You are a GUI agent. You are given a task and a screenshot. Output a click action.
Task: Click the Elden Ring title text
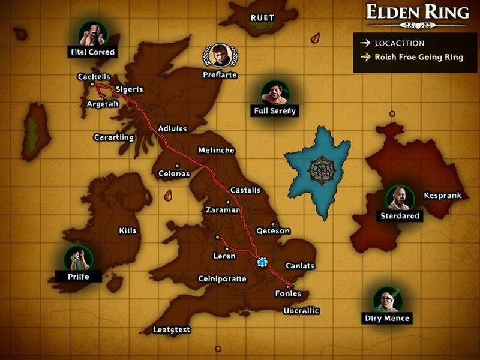(417, 12)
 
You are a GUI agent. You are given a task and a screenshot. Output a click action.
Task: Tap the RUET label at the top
(262, 17)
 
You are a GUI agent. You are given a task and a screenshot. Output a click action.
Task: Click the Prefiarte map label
(220, 76)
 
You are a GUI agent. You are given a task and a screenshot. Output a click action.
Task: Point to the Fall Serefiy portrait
(275, 92)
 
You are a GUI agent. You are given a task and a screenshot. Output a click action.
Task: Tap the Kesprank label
(442, 196)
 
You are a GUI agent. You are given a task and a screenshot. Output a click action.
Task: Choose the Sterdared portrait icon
(400, 197)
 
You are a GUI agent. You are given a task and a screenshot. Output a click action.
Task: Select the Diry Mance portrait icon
(386, 299)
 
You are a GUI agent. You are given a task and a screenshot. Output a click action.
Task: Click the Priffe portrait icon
(78, 258)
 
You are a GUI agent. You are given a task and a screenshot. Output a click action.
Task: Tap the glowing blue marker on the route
(262, 262)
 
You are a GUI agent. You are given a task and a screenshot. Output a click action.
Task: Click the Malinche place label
(216, 150)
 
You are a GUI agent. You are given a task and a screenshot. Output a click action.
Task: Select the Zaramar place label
(222, 210)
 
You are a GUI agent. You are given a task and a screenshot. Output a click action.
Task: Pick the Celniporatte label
(222, 279)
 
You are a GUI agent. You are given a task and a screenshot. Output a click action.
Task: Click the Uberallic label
(301, 311)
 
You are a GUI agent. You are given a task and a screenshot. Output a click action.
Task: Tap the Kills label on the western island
(128, 230)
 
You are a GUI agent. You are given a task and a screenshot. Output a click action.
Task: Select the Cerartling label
(114, 137)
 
